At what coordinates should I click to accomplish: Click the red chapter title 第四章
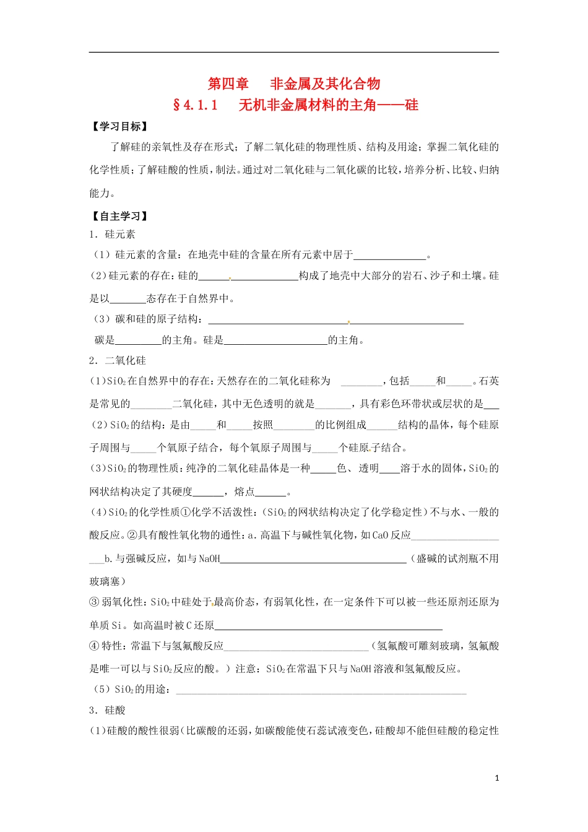[x=228, y=84]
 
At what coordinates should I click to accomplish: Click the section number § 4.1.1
[x=196, y=105]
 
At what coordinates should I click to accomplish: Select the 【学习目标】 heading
[x=119, y=126]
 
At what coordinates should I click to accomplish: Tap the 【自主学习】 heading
[x=119, y=216]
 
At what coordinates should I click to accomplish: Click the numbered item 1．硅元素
[x=112, y=234]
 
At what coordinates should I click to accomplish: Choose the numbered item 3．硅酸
[x=107, y=710]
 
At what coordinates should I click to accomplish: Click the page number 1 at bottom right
[x=497, y=778]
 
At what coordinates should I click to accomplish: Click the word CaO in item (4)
[x=381, y=535]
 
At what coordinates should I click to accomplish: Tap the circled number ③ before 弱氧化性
[x=94, y=602]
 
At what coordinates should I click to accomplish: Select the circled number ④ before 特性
[x=94, y=646]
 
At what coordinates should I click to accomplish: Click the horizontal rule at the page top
[x=294, y=52]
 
